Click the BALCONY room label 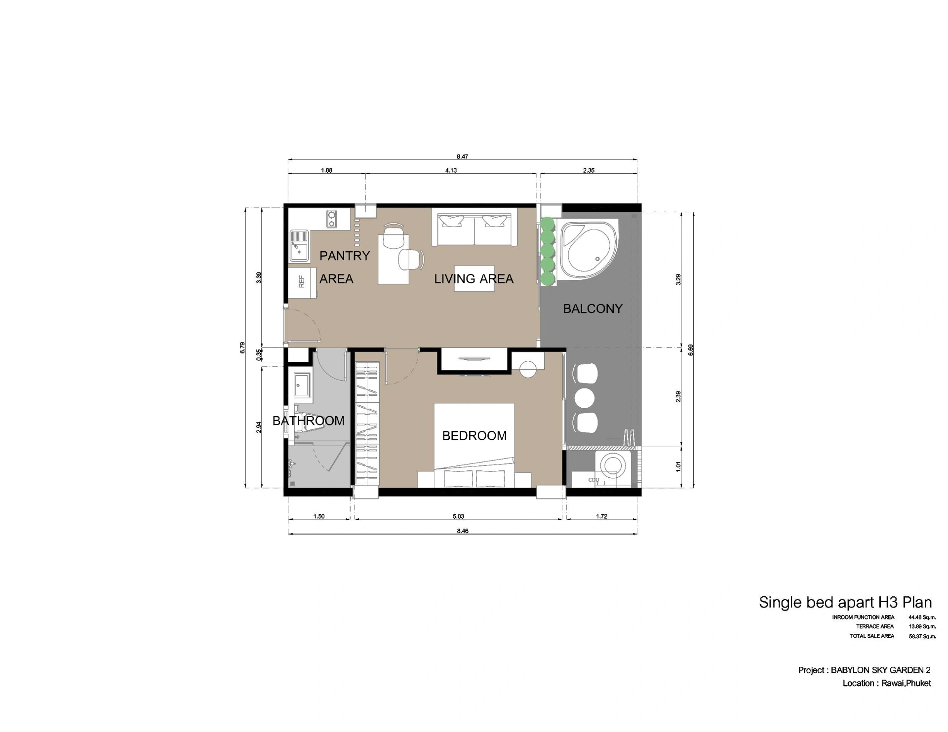click(592, 309)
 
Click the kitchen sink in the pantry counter click(299, 245)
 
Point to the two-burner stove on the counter click(331, 219)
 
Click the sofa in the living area click(474, 228)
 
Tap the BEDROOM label click(474, 436)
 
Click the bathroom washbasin click(302, 385)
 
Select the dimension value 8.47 click(462, 157)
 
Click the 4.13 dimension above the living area click(451, 171)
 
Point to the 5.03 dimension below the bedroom click(458, 517)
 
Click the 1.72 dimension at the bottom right click(601, 517)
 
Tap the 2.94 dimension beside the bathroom click(259, 427)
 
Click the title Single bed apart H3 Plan click(845, 603)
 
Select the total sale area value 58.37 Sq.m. click(922, 637)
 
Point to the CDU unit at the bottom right click(593, 480)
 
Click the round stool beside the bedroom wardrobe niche click(528, 370)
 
